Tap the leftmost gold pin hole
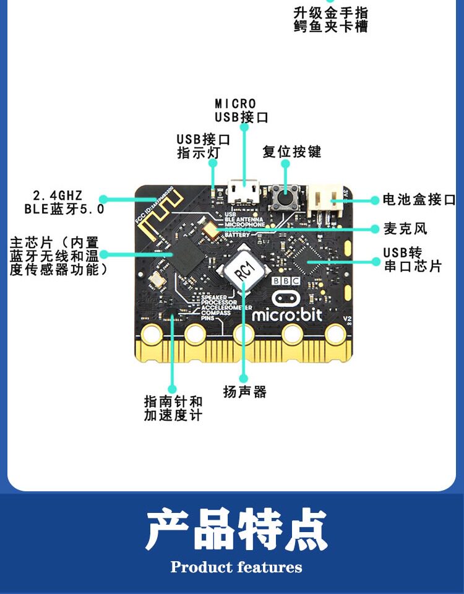click(150, 335)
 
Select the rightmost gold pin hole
click(336, 335)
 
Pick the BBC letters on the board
click(286, 281)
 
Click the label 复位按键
click(291, 152)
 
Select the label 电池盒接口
click(419, 199)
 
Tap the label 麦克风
click(405, 229)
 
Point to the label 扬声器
click(244, 392)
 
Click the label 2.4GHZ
click(57, 196)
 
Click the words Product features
click(236, 567)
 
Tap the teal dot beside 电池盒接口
click(374, 200)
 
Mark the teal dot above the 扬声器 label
click(244, 377)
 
